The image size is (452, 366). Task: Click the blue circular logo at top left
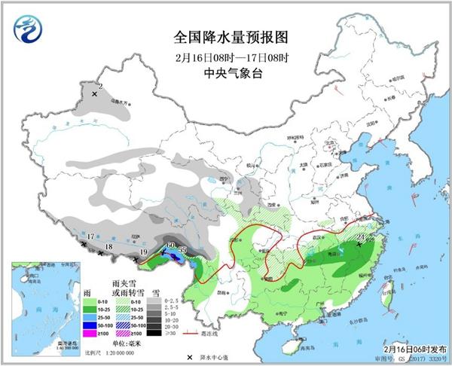click(x=28, y=30)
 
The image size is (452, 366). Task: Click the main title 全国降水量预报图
click(x=226, y=37)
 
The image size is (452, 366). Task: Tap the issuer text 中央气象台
click(x=226, y=73)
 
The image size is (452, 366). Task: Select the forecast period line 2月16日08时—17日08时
click(x=226, y=56)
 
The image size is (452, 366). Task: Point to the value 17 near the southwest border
click(x=90, y=236)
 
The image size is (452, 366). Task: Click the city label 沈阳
click(x=370, y=124)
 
